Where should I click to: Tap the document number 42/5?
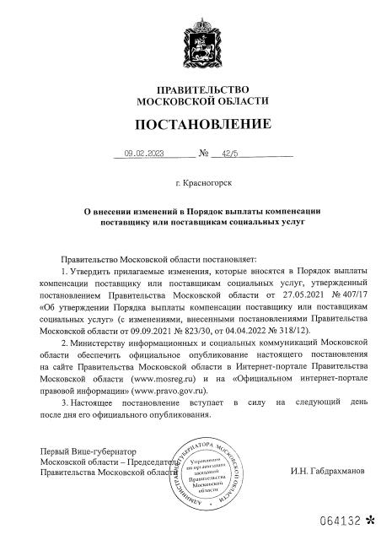228,154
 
